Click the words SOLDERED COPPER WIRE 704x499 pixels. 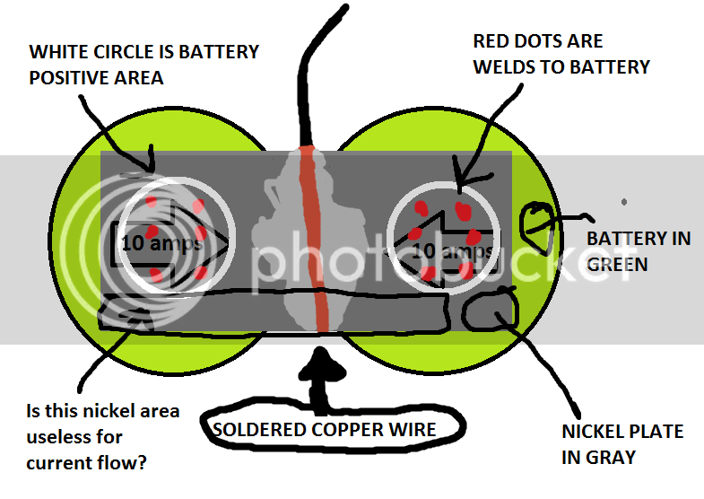[324, 429]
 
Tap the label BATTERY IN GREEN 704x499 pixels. [639, 251]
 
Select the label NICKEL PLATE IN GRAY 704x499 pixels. [622, 444]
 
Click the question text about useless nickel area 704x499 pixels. [103, 436]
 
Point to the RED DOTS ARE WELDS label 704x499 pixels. [561, 54]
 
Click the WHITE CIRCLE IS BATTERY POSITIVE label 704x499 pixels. [143, 65]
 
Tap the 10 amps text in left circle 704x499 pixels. [161, 243]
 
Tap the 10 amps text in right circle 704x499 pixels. [452, 250]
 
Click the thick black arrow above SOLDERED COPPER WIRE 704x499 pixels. [320, 380]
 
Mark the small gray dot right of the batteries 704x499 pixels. [624, 202]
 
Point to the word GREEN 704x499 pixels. [617, 264]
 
